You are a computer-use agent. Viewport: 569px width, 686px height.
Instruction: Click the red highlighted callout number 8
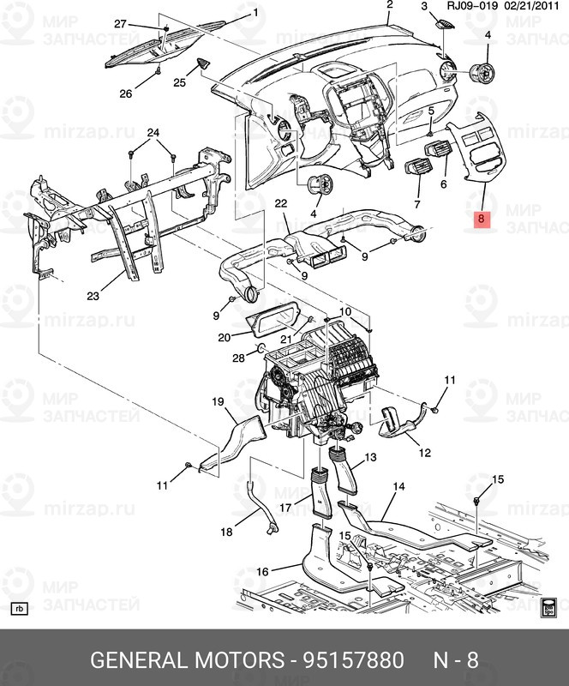[x=481, y=218]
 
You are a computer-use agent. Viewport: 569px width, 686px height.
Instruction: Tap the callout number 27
[x=120, y=24]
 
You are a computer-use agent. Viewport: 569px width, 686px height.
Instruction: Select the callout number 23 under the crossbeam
[x=93, y=296]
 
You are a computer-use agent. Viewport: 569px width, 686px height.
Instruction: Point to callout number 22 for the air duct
[x=281, y=203]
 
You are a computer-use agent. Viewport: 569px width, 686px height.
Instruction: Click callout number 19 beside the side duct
[x=218, y=401]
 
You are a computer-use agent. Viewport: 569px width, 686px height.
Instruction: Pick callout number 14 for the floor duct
[x=398, y=486]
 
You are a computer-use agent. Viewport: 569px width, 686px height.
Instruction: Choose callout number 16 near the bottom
[x=262, y=571]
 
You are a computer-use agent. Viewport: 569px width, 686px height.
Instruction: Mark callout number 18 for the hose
[x=226, y=532]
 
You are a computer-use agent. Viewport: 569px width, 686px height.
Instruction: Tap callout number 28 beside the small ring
[x=238, y=358]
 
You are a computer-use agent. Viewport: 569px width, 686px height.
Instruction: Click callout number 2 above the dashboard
[x=390, y=5]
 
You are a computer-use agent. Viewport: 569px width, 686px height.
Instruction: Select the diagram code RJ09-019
[x=472, y=6]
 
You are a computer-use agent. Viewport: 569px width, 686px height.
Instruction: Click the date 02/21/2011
[x=531, y=6]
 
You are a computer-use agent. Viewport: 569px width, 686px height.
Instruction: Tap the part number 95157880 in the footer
[x=354, y=659]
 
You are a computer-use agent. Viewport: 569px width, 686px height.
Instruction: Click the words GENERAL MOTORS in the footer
[x=187, y=659]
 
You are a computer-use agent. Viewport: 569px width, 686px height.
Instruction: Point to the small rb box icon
[x=19, y=609]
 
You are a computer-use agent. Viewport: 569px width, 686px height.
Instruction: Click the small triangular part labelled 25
[x=204, y=63]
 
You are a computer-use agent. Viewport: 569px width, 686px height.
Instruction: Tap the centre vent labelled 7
[x=418, y=169]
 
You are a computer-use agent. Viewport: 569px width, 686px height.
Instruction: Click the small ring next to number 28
[x=260, y=348]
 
